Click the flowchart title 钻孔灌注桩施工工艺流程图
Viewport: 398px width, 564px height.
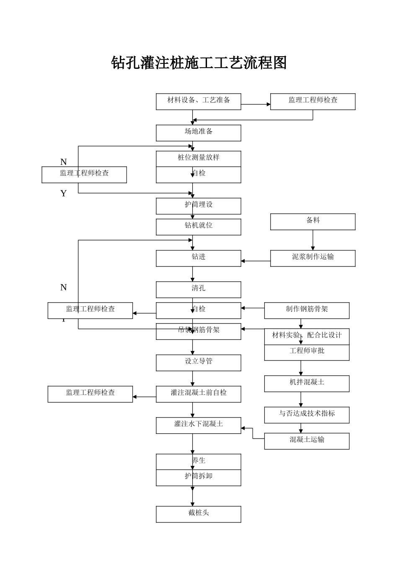point(199,63)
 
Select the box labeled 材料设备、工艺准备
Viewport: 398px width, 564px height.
point(198,102)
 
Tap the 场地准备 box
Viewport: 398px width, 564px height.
point(198,133)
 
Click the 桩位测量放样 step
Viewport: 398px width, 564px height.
point(198,159)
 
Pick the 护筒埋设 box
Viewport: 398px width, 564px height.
point(198,206)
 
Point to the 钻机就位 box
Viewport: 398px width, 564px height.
point(198,227)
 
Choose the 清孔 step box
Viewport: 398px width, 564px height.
point(198,290)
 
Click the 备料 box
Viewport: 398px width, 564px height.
point(313,222)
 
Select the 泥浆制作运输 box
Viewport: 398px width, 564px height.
point(313,258)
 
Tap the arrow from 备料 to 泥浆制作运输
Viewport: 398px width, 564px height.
point(313,240)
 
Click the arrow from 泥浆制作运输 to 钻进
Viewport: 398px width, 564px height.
point(256,261)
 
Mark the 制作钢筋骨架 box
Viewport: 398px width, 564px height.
point(307,311)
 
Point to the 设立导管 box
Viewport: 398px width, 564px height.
point(198,363)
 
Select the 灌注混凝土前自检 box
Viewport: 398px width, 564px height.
point(198,394)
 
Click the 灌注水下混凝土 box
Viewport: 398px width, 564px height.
point(198,425)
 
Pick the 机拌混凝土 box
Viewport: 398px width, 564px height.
point(307,384)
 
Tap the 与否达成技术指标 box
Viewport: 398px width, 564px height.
point(307,415)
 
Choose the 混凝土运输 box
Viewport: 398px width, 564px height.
point(307,441)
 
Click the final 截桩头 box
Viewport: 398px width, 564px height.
point(198,514)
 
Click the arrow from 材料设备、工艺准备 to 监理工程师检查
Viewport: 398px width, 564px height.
point(256,104)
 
